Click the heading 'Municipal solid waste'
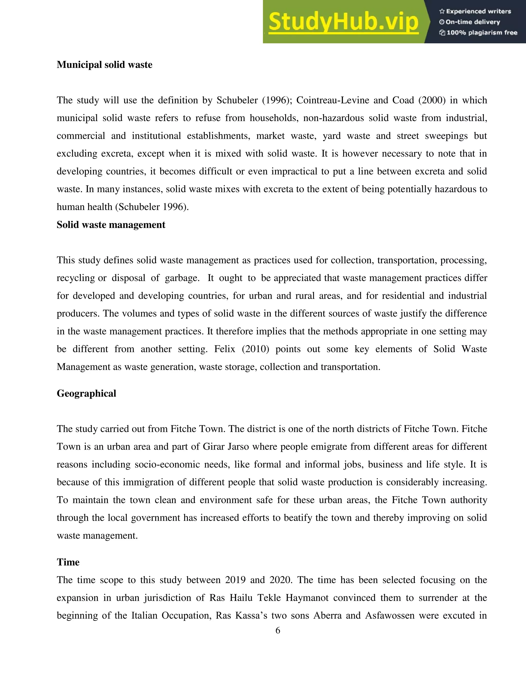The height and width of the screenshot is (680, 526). click(104, 65)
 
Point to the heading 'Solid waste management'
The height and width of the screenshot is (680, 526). click(111, 225)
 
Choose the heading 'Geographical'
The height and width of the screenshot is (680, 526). click(86, 394)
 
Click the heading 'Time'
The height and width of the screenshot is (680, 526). click(68, 562)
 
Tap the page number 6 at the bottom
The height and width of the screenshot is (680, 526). click(278, 630)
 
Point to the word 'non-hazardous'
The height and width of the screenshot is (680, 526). click(333, 118)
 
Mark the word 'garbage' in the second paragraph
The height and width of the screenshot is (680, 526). click(182, 278)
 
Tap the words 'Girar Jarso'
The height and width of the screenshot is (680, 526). click(226, 447)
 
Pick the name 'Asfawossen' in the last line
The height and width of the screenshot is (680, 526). click(390, 616)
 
